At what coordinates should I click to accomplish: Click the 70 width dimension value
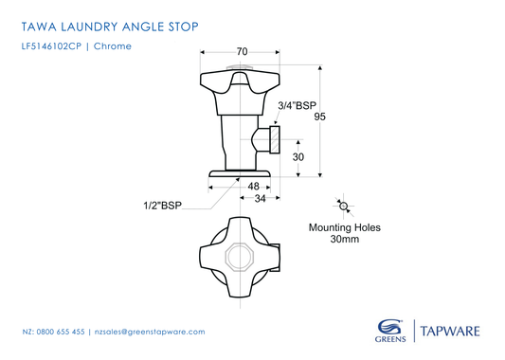(242, 51)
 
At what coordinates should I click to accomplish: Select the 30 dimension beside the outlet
(298, 157)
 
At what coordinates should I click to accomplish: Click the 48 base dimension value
(254, 186)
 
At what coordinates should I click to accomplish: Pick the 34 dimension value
(260, 199)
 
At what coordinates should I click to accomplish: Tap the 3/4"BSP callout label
(297, 106)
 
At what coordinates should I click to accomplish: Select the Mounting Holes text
(344, 227)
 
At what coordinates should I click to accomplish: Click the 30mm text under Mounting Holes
(344, 241)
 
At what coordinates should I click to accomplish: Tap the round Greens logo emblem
(388, 325)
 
